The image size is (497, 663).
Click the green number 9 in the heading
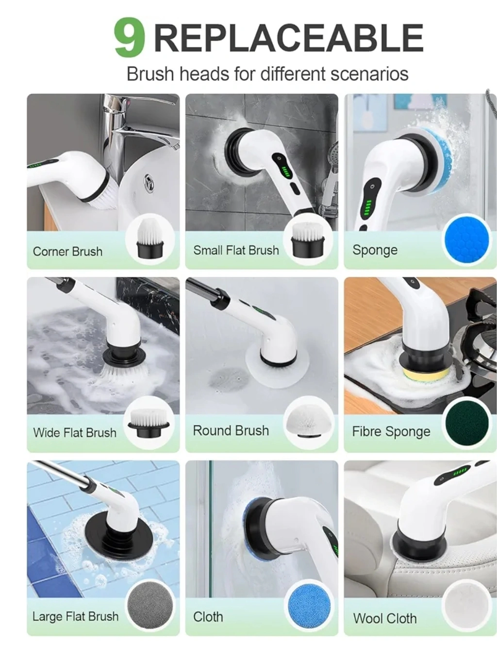(129, 37)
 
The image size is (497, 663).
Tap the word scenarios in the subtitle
(370, 74)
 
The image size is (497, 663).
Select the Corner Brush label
(67, 252)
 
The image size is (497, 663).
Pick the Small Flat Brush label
(236, 251)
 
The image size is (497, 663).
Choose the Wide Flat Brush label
(75, 433)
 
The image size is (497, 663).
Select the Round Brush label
(231, 431)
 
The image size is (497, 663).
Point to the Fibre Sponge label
(391, 432)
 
